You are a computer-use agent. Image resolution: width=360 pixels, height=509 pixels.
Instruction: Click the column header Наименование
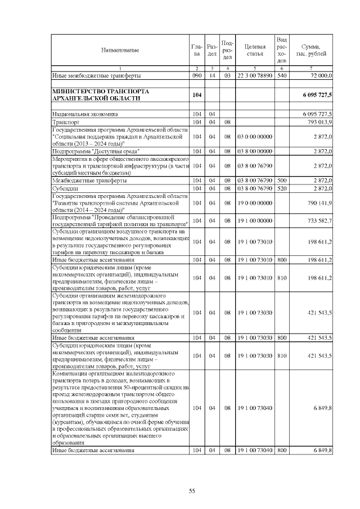(x=120, y=51)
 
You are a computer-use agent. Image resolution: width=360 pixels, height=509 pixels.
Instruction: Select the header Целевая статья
(x=255, y=50)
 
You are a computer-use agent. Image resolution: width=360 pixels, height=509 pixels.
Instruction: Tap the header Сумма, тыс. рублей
(x=311, y=50)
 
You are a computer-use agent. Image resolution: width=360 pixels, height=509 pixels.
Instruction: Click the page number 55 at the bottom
(x=192, y=491)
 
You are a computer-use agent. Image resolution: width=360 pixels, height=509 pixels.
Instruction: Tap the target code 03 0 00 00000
(x=255, y=136)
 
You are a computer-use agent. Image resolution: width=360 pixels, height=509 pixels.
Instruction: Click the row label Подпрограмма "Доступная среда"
(x=96, y=151)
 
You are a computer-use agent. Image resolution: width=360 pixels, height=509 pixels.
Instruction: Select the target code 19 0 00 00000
(x=255, y=202)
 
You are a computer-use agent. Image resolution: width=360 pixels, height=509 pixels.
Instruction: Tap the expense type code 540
(x=282, y=75)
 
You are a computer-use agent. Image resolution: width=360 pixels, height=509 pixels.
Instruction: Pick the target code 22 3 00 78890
(x=255, y=75)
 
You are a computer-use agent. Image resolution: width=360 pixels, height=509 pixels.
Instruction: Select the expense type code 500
(x=282, y=181)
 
